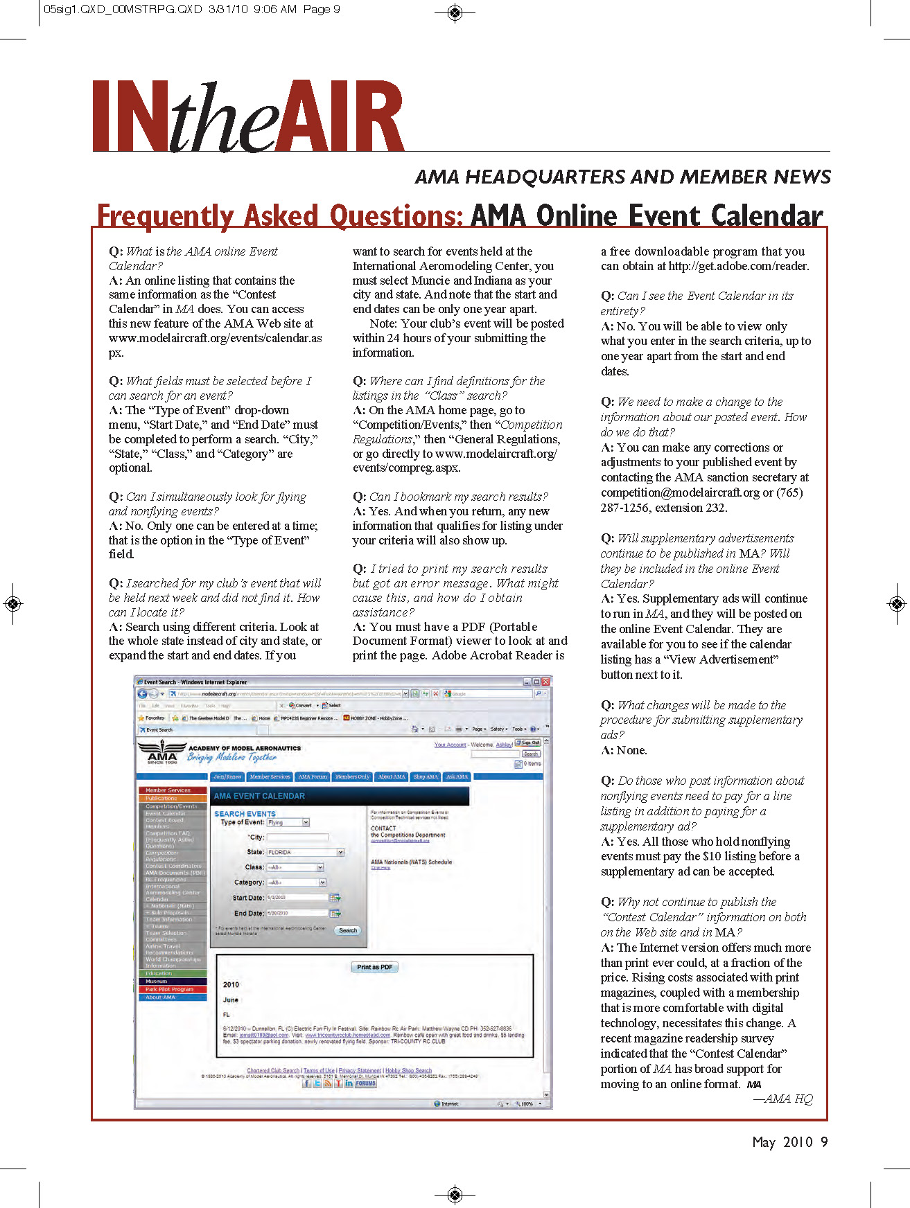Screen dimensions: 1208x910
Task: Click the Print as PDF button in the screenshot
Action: click(x=375, y=967)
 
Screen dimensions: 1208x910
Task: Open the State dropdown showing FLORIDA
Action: click(x=306, y=852)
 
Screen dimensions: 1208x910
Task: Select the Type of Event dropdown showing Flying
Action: click(x=288, y=822)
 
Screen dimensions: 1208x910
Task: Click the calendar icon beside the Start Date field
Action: click(x=335, y=898)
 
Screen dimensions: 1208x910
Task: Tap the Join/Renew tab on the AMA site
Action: click(x=228, y=776)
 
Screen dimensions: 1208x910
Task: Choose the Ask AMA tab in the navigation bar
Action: click(x=457, y=776)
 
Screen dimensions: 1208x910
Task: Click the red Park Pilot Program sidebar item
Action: click(x=172, y=989)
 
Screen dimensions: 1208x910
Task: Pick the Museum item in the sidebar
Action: click(x=172, y=981)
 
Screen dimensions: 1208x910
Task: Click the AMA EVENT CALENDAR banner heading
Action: click(x=260, y=796)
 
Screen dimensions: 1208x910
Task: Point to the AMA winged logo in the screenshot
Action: click(x=162, y=751)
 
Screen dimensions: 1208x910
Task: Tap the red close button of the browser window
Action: click(x=545, y=682)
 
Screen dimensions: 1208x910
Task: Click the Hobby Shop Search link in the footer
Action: click(x=408, y=1070)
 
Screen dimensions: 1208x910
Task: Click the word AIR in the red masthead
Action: click(x=346, y=116)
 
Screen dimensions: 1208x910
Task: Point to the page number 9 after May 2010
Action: click(x=824, y=1142)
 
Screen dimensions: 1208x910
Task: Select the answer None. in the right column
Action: click(x=631, y=750)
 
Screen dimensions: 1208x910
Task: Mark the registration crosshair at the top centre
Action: click(x=455, y=12)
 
